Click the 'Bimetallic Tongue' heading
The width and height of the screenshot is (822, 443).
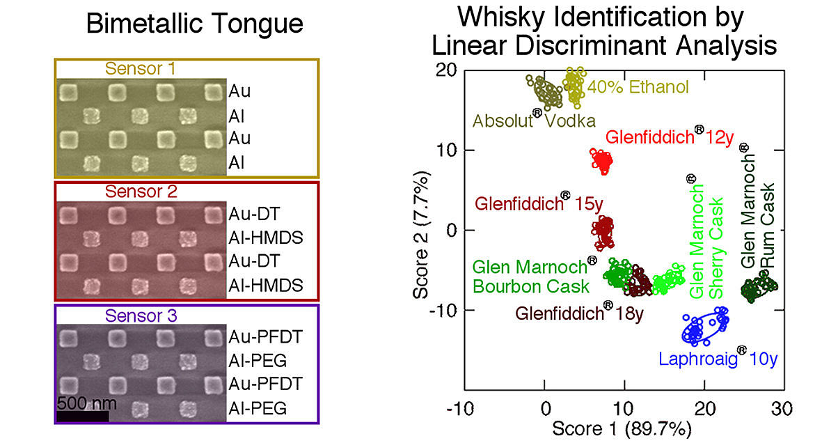pyautogui.click(x=194, y=25)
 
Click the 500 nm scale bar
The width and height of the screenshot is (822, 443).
pyautogui.click(x=82, y=417)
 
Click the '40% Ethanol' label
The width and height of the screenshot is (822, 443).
pyautogui.click(x=638, y=88)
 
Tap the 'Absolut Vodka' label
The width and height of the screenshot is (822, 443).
pyautogui.click(x=534, y=121)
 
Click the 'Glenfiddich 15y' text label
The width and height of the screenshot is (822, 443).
pyautogui.click(x=539, y=204)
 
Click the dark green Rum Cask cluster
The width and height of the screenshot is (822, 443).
pyautogui.click(x=757, y=287)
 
